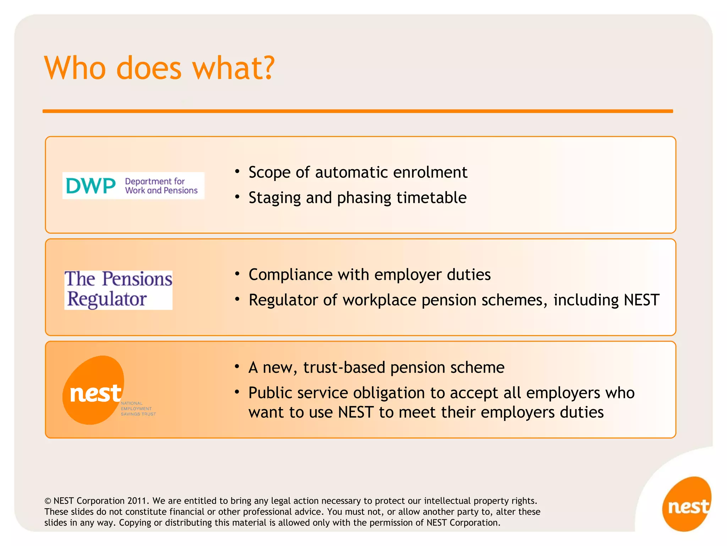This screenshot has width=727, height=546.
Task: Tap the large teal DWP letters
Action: tap(91, 186)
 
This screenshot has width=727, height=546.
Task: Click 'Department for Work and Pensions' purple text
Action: tap(161, 186)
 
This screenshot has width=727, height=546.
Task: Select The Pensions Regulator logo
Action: tap(118, 289)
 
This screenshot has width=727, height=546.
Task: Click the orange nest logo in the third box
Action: tap(94, 390)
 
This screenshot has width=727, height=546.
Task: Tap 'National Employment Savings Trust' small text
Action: tap(138, 409)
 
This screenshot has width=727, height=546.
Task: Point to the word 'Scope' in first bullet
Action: tap(269, 172)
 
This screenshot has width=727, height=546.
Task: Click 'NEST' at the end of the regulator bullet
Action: tap(641, 300)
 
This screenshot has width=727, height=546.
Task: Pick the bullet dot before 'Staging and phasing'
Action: tap(237, 197)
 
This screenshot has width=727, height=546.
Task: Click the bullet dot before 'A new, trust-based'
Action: tap(237, 366)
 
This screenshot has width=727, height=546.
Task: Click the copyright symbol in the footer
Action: tap(48, 501)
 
